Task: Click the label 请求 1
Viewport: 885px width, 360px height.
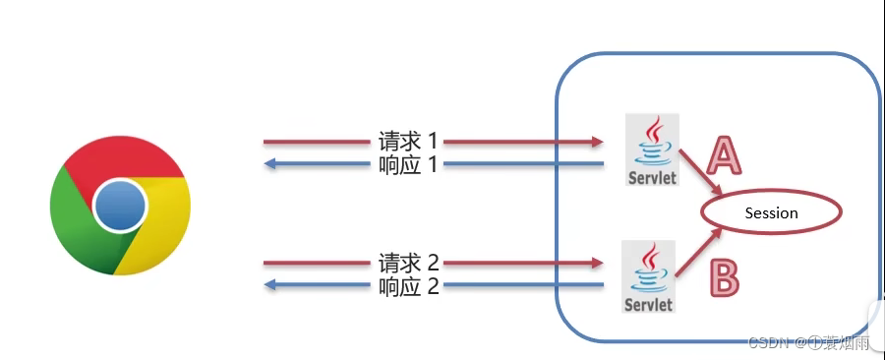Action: click(407, 141)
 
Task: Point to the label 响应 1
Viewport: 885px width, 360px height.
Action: click(407, 164)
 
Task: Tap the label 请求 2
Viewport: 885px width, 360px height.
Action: click(407, 264)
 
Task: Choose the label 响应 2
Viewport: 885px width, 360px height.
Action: click(407, 286)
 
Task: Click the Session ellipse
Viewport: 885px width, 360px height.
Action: click(771, 212)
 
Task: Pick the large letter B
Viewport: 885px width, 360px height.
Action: click(724, 277)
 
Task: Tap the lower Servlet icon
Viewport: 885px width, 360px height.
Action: click(650, 276)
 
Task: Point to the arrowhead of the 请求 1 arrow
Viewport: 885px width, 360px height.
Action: click(596, 142)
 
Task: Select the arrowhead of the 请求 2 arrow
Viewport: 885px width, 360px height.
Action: click(596, 264)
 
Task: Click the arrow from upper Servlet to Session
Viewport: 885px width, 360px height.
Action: click(704, 175)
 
